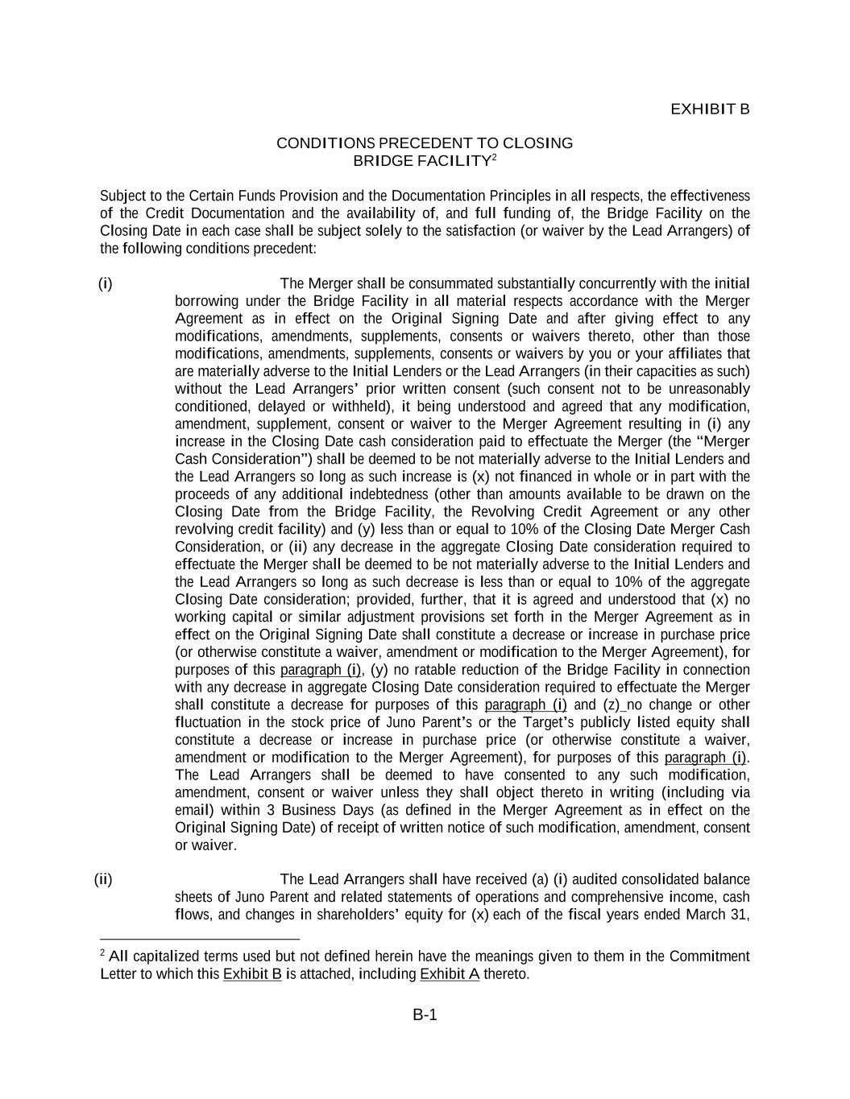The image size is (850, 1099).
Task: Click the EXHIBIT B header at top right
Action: pyautogui.click(x=710, y=109)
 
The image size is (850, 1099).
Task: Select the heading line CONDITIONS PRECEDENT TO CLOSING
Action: pyautogui.click(x=425, y=143)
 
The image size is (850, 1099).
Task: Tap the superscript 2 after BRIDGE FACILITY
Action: pyautogui.click(x=494, y=156)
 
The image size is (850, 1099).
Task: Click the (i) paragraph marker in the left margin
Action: pyautogui.click(x=106, y=283)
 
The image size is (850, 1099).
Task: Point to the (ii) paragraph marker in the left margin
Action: pyautogui.click(x=103, y=879)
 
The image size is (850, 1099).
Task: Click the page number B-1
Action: pyautogui.click(x=425, y=1014)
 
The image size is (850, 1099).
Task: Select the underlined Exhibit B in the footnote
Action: pyautogui.click(x=252, y=974)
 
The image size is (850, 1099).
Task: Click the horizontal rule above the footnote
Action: pyautogui.click(x=200, y=939)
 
